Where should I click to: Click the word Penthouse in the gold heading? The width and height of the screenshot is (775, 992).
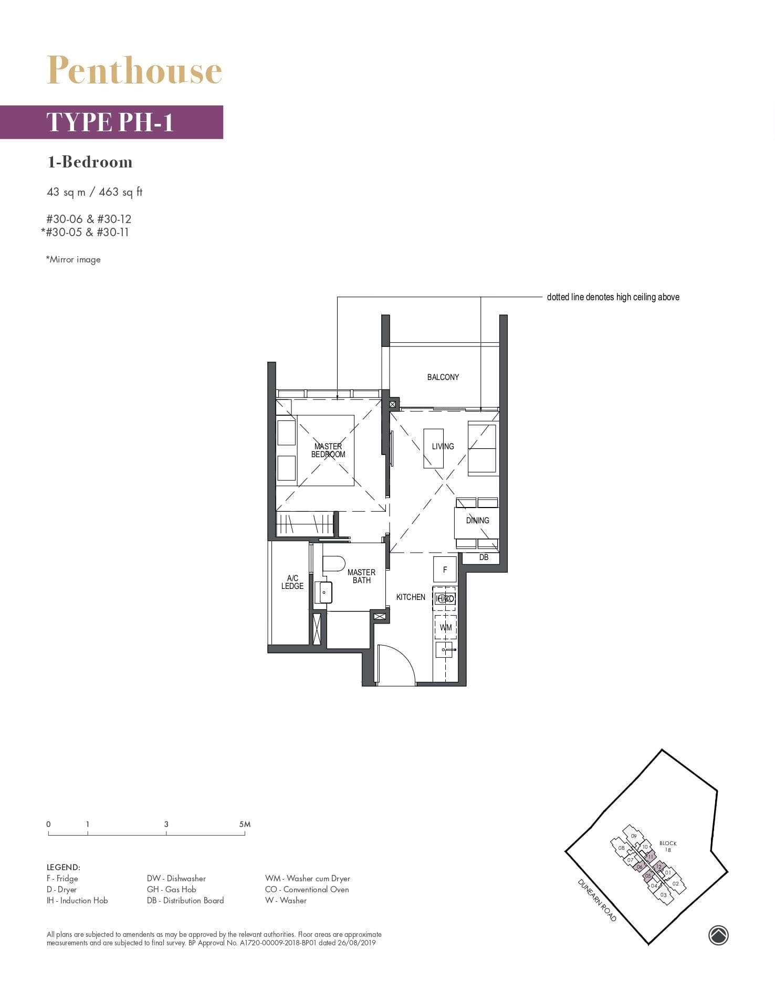pyautogui.click(x=134, y=70)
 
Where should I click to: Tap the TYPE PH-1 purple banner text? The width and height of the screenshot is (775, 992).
pyautogui.click(x=110, y=122)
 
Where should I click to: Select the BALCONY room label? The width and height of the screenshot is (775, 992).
pyautogui.click(x=443, y=377)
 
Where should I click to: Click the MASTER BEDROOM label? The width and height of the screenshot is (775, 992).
pyautogui.click(x=328, y=450)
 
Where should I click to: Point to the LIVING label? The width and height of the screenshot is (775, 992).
pyautogui.click(x=443, y=446)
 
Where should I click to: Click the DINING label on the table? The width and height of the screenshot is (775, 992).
pyautogui.click(x=477, y=520)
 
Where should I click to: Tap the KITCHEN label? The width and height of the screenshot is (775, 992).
pyautogui.click(x=411, y=597)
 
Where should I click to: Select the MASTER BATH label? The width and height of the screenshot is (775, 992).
pyautogui.click(x=361, y=576)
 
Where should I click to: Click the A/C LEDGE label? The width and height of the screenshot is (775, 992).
pyautogui.click(x=292, y=582)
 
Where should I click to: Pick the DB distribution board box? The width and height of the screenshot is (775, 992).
pyautogui.click(x=484, y=557)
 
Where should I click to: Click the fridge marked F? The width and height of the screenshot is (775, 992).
pyautogui.click(x=445, y=569)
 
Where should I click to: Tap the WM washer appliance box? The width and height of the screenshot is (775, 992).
pyautogui.click(x=445, y=627)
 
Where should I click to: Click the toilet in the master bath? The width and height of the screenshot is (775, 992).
pyautogui.click(x=333, y=564)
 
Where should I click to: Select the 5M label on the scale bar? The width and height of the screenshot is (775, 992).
pyautogui.click(x=244, y=824)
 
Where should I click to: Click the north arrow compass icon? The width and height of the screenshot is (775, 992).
pyautogui.click(x=718, y=935)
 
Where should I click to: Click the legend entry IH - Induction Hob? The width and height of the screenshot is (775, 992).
pyautogui.click(x=77, y=900)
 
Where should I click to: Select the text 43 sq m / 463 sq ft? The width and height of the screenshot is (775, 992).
pyautogui.click(x=95, y=192)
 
